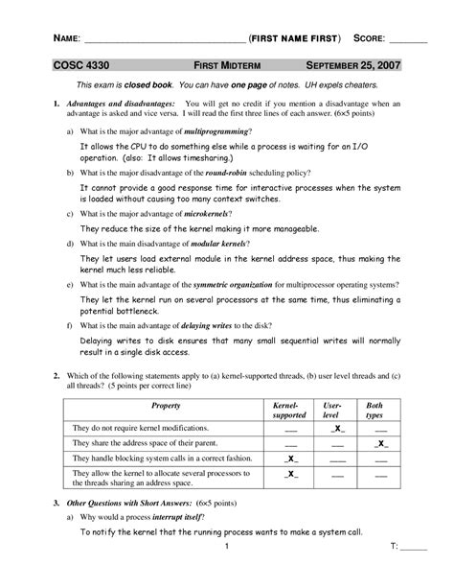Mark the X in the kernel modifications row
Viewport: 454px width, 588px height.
click(337, 430)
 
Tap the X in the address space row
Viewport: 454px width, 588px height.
click(381, 445)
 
